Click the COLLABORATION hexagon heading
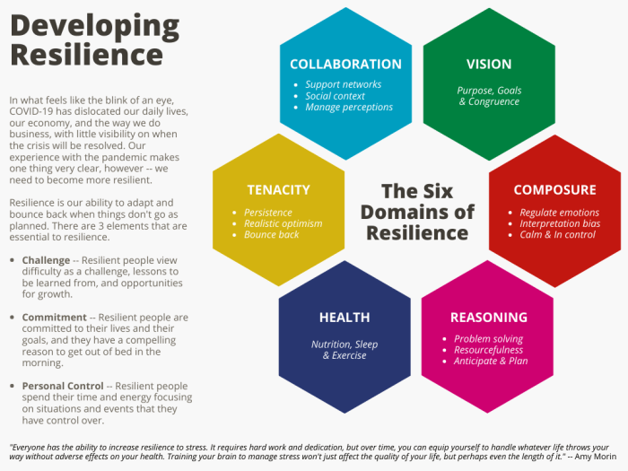(x=345, y=65)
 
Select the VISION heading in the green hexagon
(x=489, y=65)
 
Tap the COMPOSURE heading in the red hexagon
(x=554, y=190)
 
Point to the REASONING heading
(x=489, y=318)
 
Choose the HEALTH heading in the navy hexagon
(x=345, y=318)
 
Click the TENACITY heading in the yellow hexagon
(x=278, y=190)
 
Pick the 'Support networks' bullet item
(x=343, y=84)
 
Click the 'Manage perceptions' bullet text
(x=349, y=108)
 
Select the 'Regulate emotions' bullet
(x=559, y=213)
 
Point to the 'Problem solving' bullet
(x=490, y=338)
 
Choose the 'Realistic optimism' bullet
(x=283, y=223)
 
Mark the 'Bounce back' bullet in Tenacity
(x=271, y=235)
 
